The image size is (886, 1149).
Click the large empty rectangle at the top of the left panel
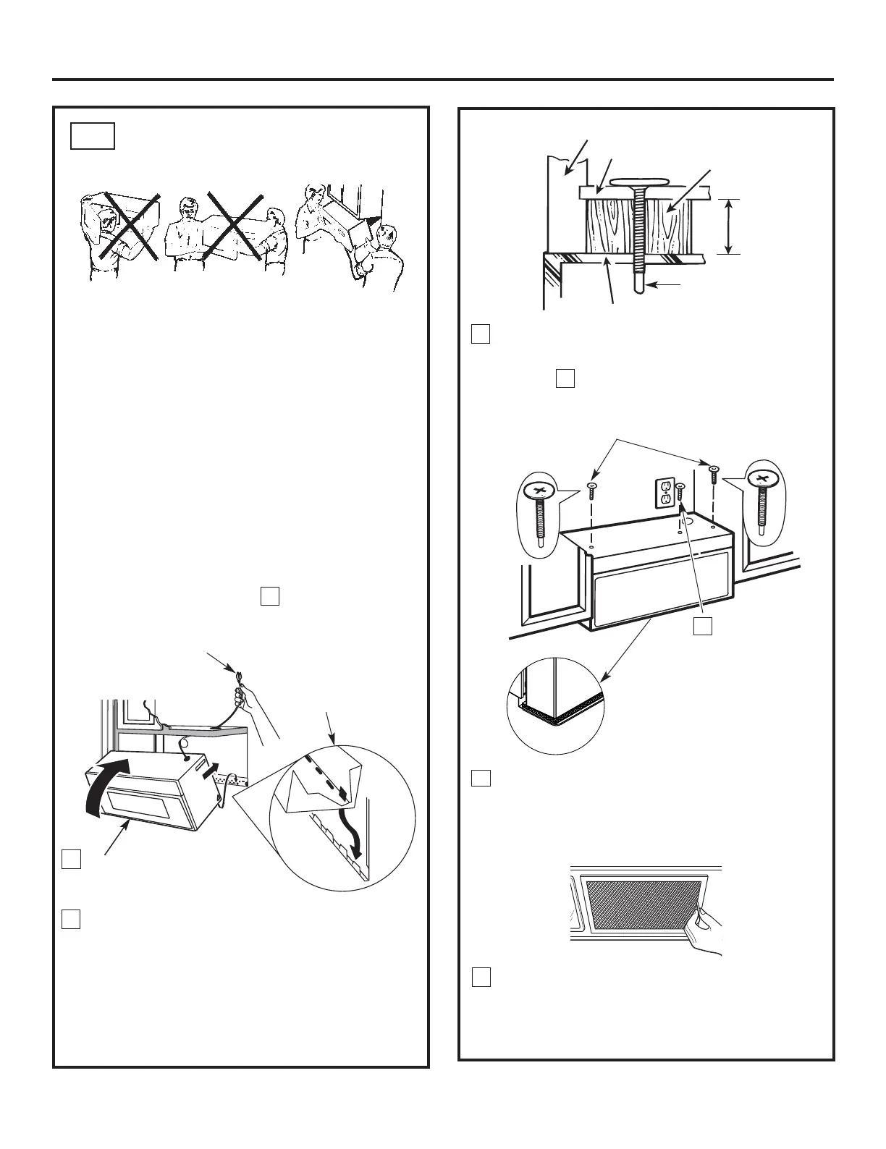click(x=93, y=136)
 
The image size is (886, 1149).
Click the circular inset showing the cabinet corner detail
click(x=556, y=705)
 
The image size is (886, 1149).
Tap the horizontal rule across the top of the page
click(x=443, y=80)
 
